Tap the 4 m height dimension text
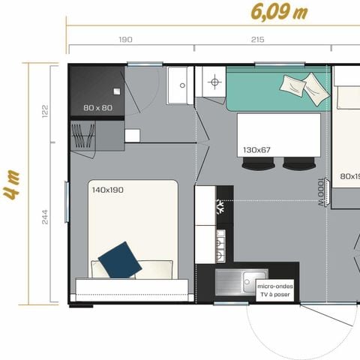[x=10, y=184]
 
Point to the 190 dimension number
[x=125, y=39]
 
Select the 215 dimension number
[x=257, y=39]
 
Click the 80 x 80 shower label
[x=97, y=108]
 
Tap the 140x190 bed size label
[x=106, y=190]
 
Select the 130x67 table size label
[x=256, y=150]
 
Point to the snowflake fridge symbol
[x=221, y=204]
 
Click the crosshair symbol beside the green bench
[x=214, y=82]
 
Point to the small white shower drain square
[x=132, y=136]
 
